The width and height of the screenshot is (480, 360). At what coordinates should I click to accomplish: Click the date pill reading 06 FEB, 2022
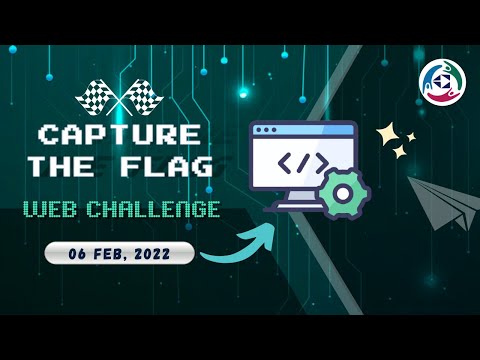[120, 254]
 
